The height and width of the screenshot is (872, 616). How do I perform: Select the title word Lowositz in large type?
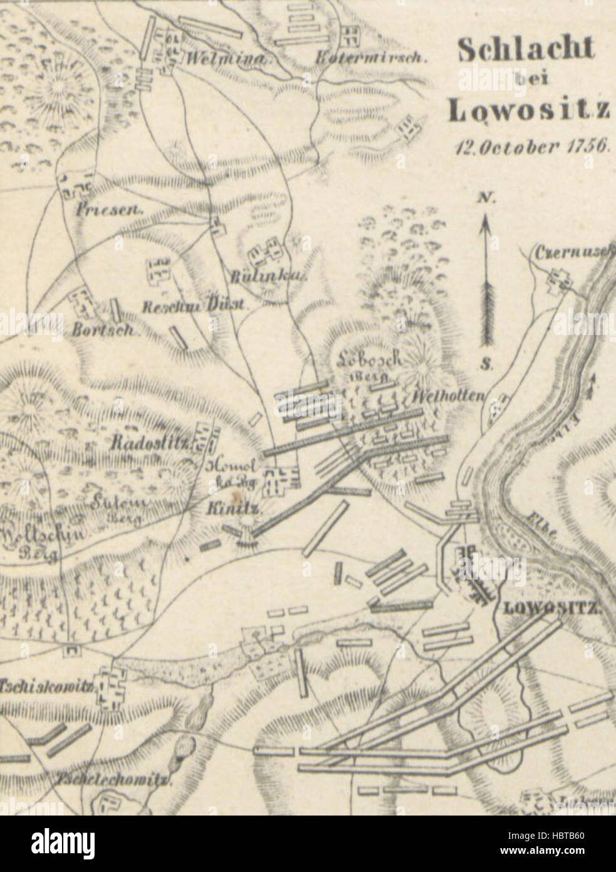click(528, 110)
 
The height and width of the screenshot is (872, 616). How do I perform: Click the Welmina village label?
click(222, 61)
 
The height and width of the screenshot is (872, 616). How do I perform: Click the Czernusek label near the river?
click(572, 253)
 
